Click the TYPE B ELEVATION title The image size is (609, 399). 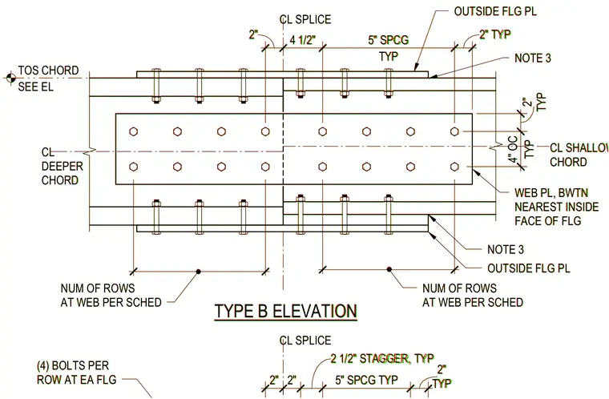285,311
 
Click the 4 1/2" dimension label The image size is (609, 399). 303,40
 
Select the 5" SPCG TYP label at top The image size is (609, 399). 389,48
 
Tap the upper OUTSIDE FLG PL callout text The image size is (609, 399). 495,11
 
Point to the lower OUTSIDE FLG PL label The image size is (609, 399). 529,268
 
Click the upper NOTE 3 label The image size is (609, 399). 533,58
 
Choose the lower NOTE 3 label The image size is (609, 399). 506,249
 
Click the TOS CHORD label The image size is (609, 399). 48,71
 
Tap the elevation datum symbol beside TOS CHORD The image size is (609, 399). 10,78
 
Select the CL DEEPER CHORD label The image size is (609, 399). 63,167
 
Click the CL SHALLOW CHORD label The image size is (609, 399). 579,155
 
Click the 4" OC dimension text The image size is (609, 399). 514,149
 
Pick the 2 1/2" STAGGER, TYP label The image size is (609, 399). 382,358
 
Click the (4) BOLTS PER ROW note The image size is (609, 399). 76,373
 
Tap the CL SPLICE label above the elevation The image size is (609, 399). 305,19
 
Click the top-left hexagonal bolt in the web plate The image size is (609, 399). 134,131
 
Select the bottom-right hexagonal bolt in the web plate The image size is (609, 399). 454,167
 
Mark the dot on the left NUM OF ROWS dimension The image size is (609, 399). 198,271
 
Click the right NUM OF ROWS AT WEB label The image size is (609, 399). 472,296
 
